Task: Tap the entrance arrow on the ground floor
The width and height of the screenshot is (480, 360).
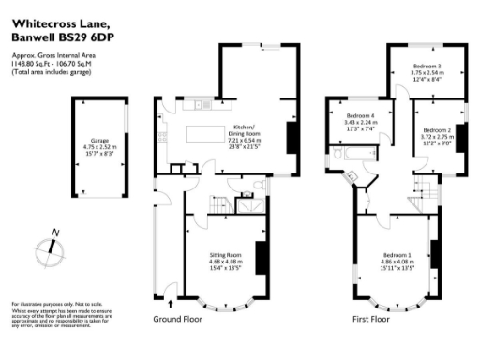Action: tap(170, 303)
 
